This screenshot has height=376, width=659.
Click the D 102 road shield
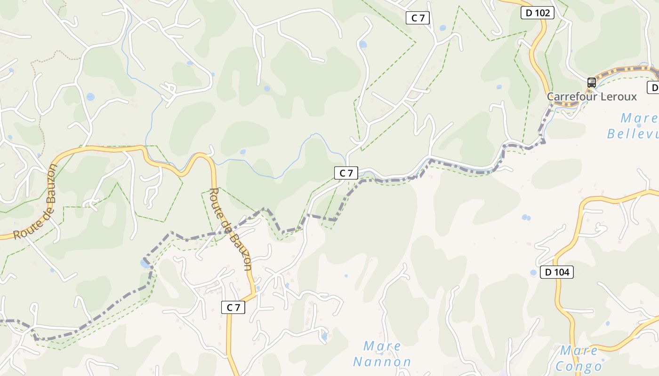click(537, 13)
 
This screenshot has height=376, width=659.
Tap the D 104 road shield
click(556, 272)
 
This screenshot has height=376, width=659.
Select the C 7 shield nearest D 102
click(418, 18)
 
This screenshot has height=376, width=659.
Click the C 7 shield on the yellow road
click(233, 307)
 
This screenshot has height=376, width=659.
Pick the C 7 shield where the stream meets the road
click(346, 173)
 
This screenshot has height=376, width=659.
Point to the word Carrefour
click(569, 97)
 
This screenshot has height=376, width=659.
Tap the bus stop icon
click(592, 83)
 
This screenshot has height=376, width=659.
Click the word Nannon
click(382, 362)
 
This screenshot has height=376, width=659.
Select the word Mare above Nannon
click(382, 347)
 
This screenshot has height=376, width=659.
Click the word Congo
click(579, 366)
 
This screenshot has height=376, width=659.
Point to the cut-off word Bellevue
click(633, 133)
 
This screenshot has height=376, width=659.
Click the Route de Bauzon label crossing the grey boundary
click(230, 229)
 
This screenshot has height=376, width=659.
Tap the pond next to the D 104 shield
click(533, 273)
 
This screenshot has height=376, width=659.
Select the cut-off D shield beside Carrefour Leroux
click(654, 87)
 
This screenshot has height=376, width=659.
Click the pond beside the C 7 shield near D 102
click(442, 28)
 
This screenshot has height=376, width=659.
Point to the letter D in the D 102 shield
click(529, 13)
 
